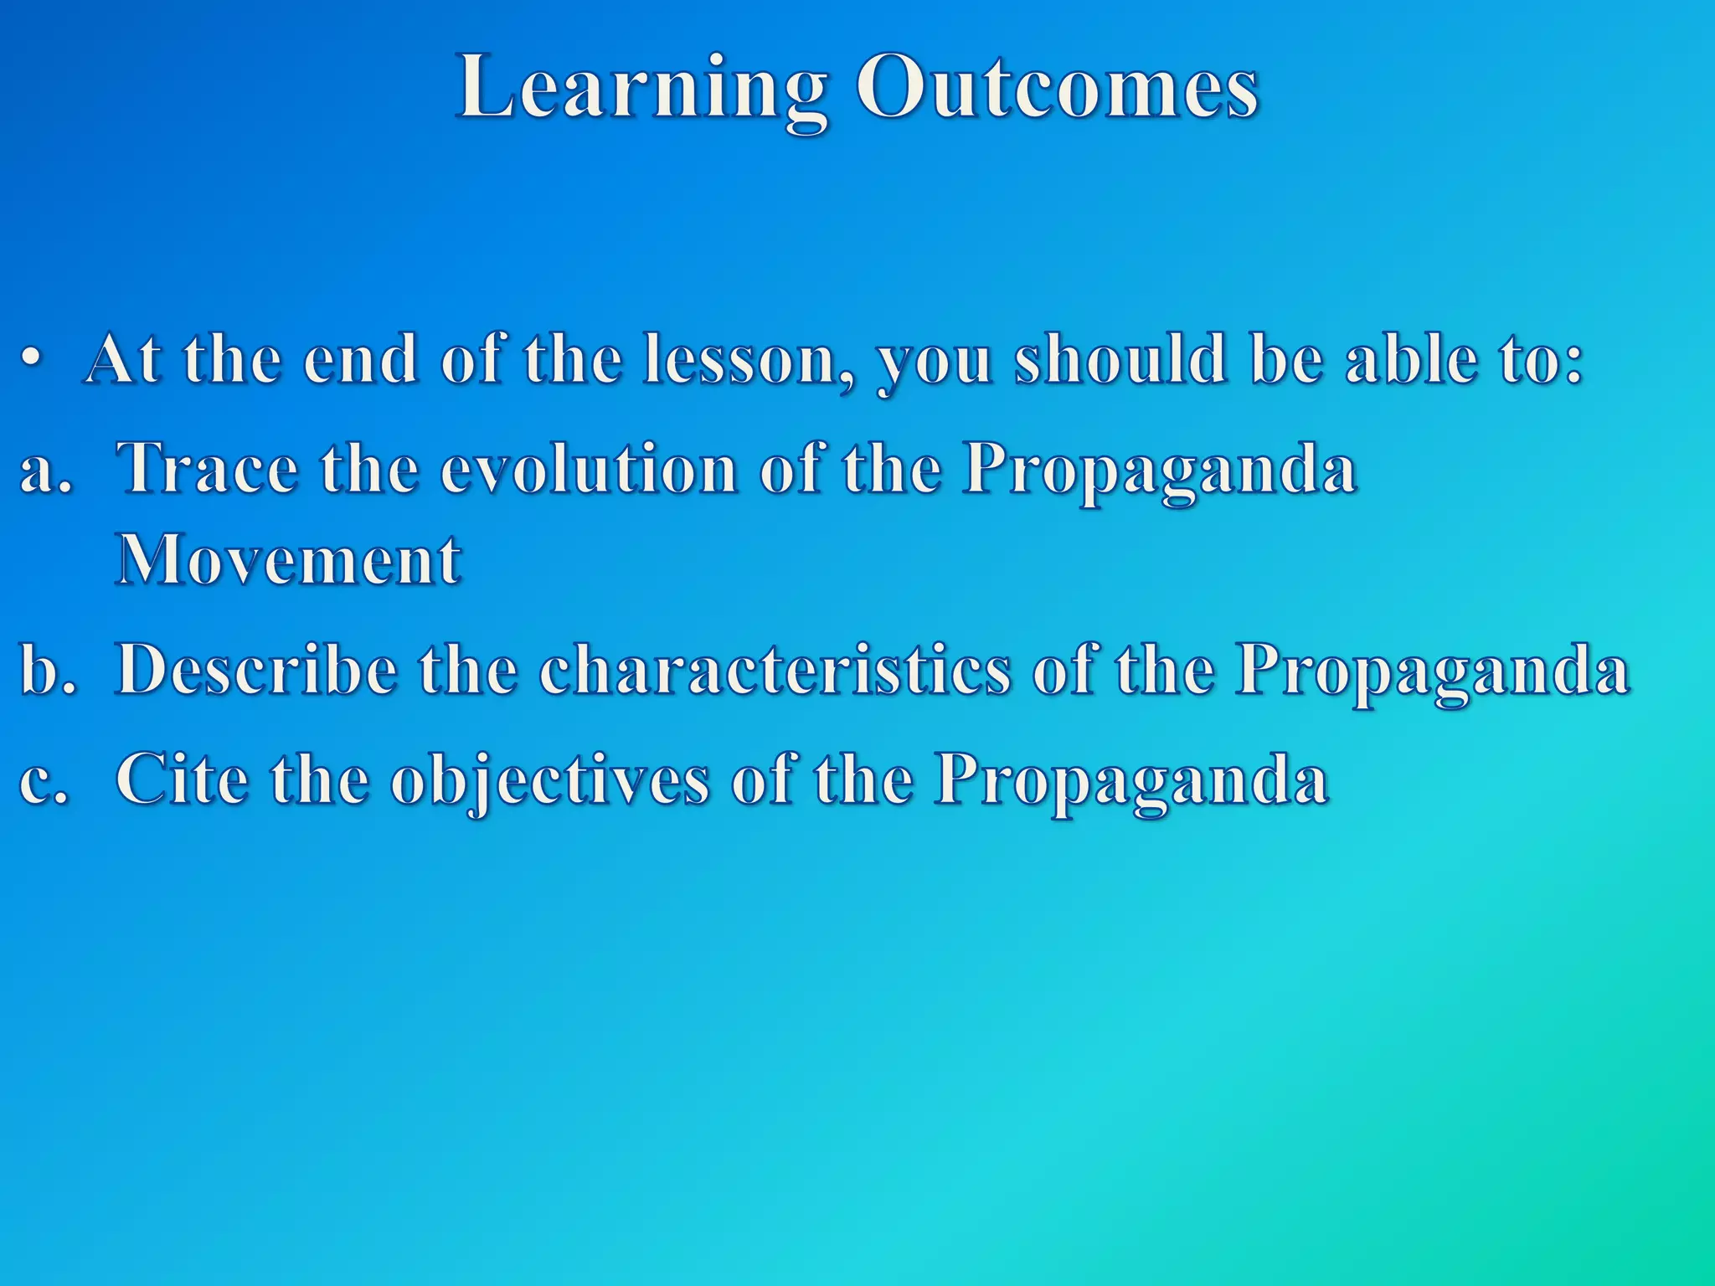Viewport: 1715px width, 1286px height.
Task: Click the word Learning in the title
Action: (641, 90)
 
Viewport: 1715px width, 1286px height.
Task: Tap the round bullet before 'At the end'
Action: (31, 361)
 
